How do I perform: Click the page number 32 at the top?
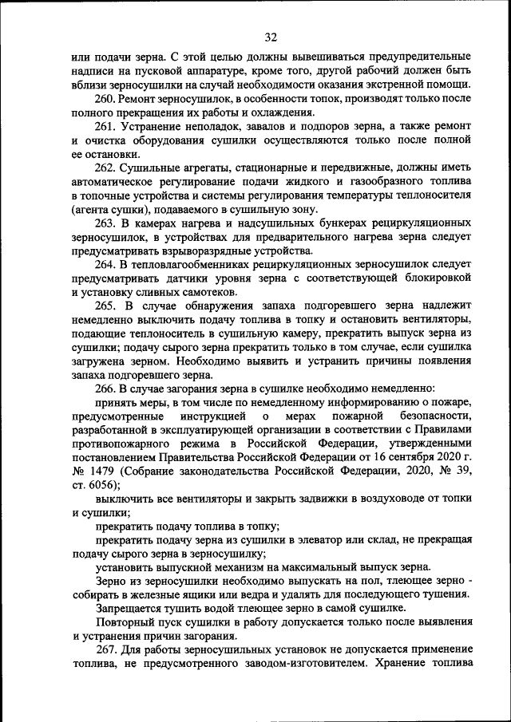tap(270, 37)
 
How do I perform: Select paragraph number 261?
tap(107, 128)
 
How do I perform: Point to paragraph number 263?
tap(107, 223)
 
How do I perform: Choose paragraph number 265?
tap(107, 306)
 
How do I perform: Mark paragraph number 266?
tap(107, 389)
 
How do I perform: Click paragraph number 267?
tap(107, 650)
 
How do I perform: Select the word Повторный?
tap(126, 622)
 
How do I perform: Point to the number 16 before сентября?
tap(381, 457)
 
